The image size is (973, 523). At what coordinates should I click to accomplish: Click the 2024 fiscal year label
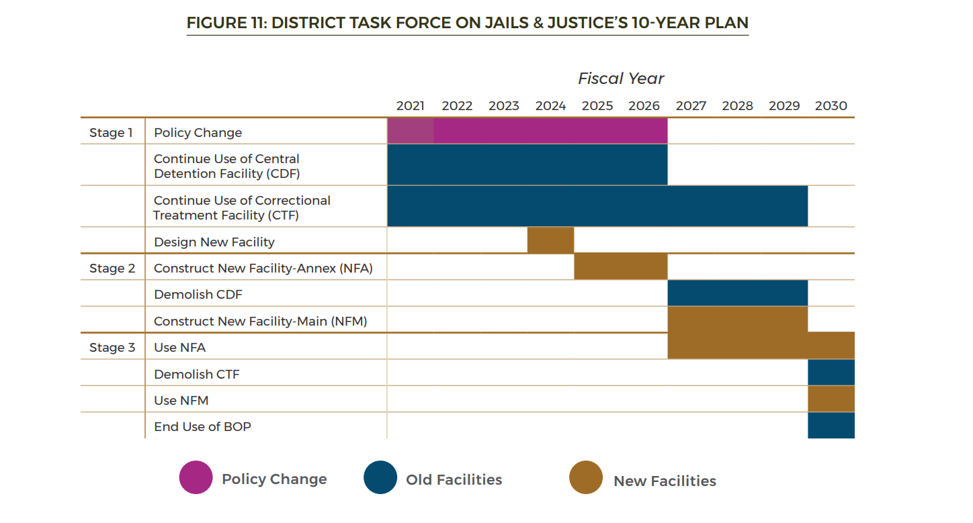tap(550, 106)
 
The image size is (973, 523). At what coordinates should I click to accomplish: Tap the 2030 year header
tap(831, 106)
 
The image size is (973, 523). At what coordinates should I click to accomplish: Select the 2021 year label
tap(410, 106)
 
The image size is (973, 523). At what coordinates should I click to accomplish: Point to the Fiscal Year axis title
tap(621, 79)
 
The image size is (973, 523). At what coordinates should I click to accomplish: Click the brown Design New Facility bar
tap(551, 240)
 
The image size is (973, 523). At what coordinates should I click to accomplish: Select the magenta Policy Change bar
tap(527, 131)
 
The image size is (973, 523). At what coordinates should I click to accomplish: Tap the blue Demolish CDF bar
tap(738, 293)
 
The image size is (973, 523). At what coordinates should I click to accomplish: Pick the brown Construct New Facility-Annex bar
tap(621, 267)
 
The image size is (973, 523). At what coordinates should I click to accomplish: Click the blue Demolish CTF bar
tap(831, 373)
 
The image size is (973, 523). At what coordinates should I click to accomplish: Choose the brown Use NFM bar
tap(831, 399)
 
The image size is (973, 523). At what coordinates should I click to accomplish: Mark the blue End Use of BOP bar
tap(831, 426)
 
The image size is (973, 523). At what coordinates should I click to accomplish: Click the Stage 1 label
tap(111, 132)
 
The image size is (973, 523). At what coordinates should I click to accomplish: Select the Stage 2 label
tap(112, 269)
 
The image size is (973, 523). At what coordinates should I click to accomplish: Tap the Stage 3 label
tap(112, 347)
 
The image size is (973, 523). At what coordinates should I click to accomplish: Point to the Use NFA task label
tap(179, 347)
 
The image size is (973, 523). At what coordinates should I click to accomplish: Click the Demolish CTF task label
tap(196, 374)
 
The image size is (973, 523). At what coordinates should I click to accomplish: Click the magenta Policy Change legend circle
tap(196, 477)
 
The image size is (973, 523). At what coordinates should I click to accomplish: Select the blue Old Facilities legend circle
tap(380, 477)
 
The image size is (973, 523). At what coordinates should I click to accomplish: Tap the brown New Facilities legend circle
tap(586, 477)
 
